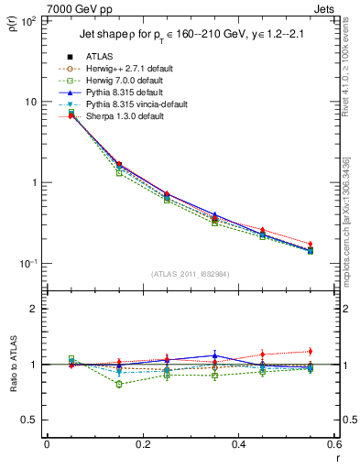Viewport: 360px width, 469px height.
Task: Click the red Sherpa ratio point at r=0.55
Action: pos(310,351)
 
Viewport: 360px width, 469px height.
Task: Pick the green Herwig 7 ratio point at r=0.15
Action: pos(119,384)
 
